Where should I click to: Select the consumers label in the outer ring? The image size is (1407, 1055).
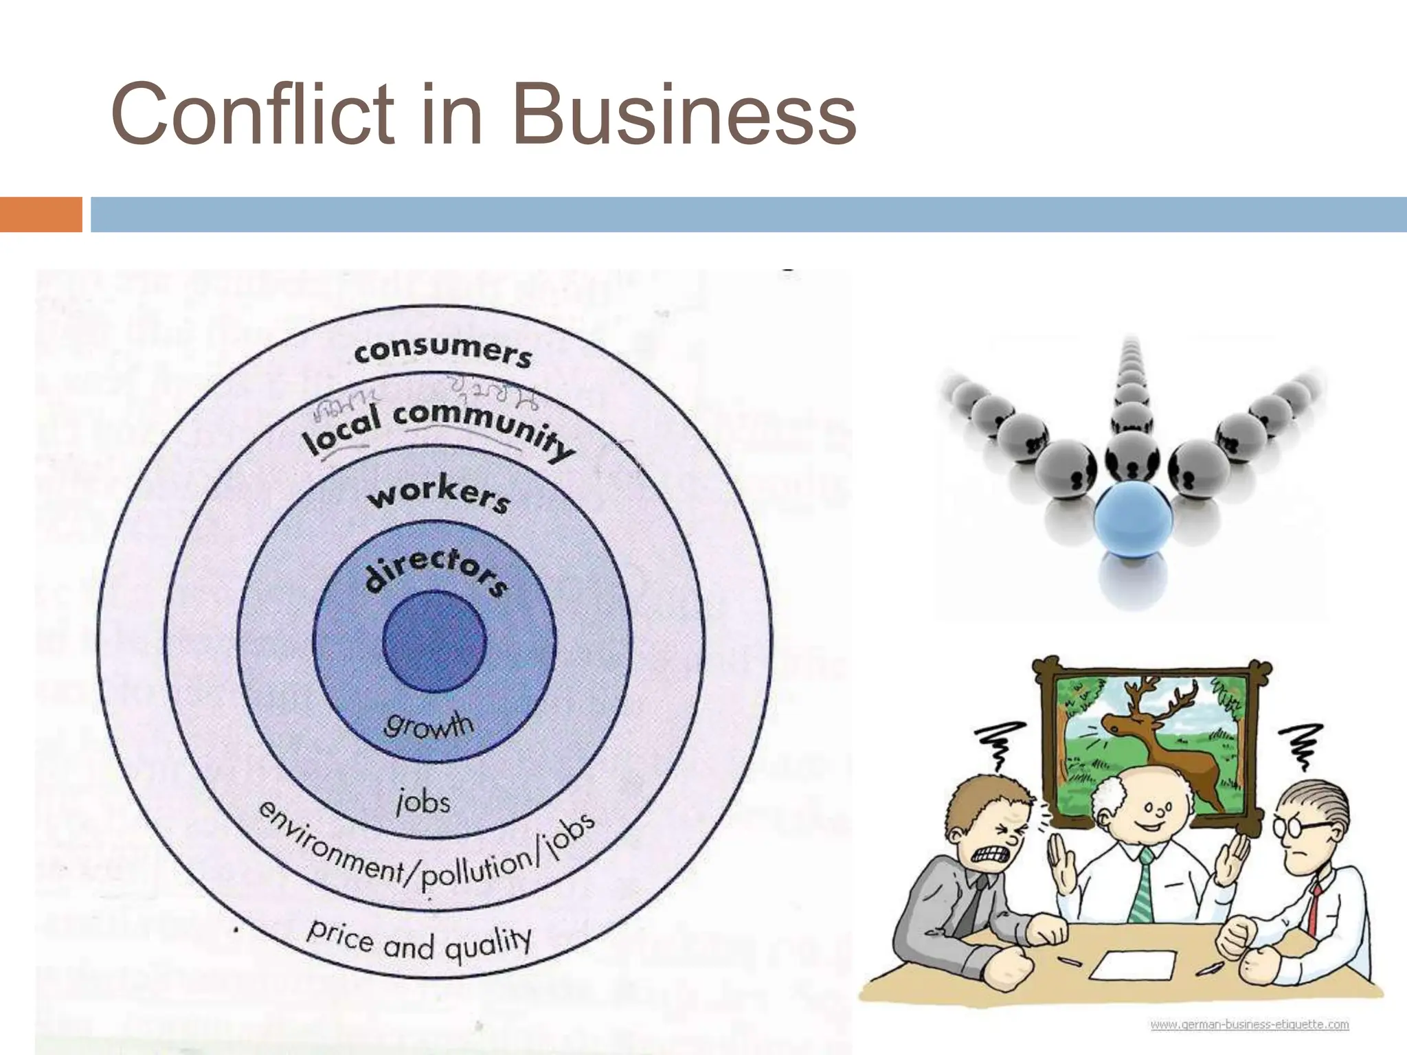coord(443,352)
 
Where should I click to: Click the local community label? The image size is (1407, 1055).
coord(440,426)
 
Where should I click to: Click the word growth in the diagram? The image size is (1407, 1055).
coord(429,725)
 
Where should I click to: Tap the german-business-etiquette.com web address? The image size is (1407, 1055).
coord(1249,1024)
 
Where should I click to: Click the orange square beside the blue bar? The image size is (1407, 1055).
coord(41,214)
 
